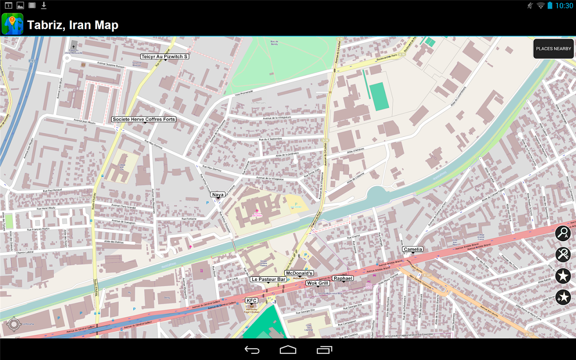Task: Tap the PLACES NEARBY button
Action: pyautogui.click(x=554, y=49)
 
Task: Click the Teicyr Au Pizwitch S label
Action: pyautogui.click(x=164, y=57)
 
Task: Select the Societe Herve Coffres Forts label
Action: pyautogui.click(x=144, y=119)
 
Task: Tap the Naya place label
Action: pyautogui.click(x=218, y=195)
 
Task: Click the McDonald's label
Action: pyautogui.click(x=299, y=273)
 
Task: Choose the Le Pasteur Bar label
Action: pyautogui.click(x=268, y=279)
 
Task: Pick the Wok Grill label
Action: pyautogui.click(x=318, y=283)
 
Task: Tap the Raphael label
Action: pyautogui.click(x=343, y=278)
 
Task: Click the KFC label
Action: pyautogui.click(x=252, y=300)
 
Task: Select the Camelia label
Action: pyautogui.click(x=413, y=249)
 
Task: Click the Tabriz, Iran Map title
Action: pyautogui.click(x=73, y=25)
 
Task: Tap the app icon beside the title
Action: pyautogui.click(x=12, y=24)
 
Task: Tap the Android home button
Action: pyautogui.click(x=288, y=350)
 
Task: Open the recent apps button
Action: pyautogui.click(x=324, y=350)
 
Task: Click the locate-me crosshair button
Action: pyautogui.click(x=14, y=324)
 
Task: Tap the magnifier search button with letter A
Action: pyautogui.click(x=563, y=233)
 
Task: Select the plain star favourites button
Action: pyautogui.click(x=563, y=276)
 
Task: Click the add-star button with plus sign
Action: pyautogui.click(x=563, y=297)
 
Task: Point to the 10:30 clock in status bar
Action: pyautogui.click(x=564, y=6)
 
